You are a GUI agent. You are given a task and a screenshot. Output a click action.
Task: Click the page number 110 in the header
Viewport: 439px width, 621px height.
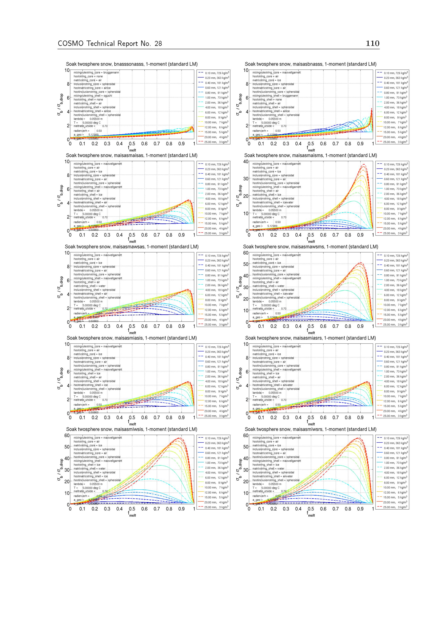click(x=372, y=43)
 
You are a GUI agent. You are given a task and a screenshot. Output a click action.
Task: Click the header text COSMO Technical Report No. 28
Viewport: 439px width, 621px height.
click(x=110, y=43)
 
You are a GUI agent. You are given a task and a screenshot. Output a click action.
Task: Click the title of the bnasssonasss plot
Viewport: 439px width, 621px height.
click(x=132, y=64)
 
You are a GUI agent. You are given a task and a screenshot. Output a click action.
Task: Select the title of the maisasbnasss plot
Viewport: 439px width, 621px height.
click(x=311, y=64)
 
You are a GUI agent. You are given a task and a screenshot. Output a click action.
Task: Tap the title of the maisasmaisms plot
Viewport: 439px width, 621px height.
click(x=311, y=155)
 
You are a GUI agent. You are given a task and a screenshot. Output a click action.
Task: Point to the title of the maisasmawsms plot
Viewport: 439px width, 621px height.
click(x=311, y=247)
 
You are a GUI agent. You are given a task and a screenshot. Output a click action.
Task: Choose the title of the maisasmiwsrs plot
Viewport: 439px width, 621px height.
click(x=311, y=429)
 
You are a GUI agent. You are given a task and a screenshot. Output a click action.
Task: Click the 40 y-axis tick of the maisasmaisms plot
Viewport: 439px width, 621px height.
click(x=246, y=161)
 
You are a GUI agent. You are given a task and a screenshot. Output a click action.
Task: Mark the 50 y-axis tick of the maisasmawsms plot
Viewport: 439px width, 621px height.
click(x=246, y=264)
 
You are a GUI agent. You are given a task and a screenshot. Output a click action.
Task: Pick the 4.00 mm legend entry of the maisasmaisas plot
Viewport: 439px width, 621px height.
click(x=214, y=199)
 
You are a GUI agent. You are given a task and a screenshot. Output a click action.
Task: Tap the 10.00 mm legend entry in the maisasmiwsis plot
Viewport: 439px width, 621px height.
click(x=214, y=488)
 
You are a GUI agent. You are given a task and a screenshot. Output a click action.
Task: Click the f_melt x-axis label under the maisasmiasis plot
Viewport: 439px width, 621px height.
click(x=132, y=424)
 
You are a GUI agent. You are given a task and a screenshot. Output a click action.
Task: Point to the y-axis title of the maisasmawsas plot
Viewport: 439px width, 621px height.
click(x=60, y=287)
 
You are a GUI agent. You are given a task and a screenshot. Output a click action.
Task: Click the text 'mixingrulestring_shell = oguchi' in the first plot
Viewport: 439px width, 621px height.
click(x=93, y=96)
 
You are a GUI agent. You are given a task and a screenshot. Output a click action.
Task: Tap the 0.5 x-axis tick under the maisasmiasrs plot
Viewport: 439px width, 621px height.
click(x=311, y=417)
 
